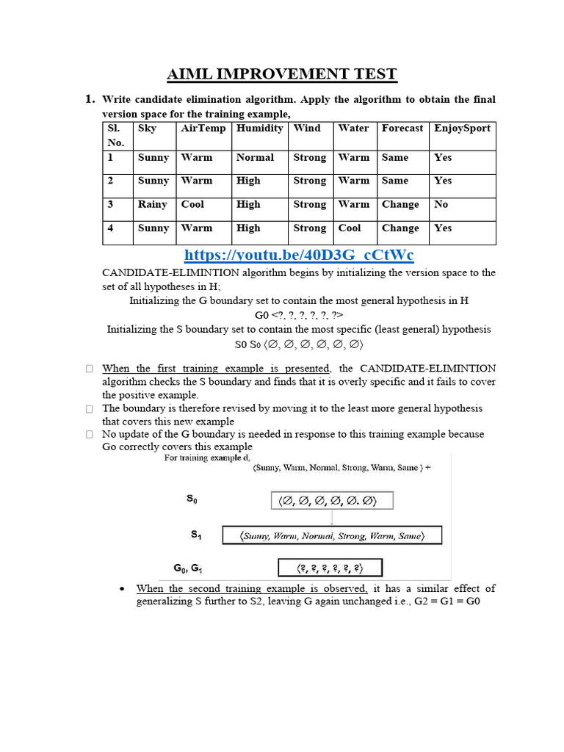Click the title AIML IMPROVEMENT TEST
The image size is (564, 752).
pyautogui.click(x=282, y=73)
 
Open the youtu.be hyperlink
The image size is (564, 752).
pyautogui.click(x=299, y=255)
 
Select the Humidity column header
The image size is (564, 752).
pyautogui.click(x=259, y=128)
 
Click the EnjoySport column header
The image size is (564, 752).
pyautogui.click(x=462, y=128)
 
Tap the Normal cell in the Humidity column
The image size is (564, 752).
pyautogui.click(x=255, y=157)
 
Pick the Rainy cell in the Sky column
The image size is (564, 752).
pyautogui.click(x=153, y=204)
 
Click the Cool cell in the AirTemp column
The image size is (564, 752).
pyautogui.click(x=192, y=204)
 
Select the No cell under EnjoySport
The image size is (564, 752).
pyautogui.click(x=441, y=204)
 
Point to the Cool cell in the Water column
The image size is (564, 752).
pyautogui.click(x=350, y=228)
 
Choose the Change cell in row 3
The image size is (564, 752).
pyautogui.click(x=400, y=204)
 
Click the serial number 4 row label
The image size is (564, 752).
pyautogui.click(x=110, y=228)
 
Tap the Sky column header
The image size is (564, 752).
pyautogui.click(x=147, y=128)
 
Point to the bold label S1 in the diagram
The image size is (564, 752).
pyautogui.click(x=196, y=535)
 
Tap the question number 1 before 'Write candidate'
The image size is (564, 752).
pyautogui.click(x=90, y=99)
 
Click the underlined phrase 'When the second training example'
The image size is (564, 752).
pyautogui.click(x=252, y=588)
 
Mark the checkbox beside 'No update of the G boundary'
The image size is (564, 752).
pyautogui.click(x=89, y=435)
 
